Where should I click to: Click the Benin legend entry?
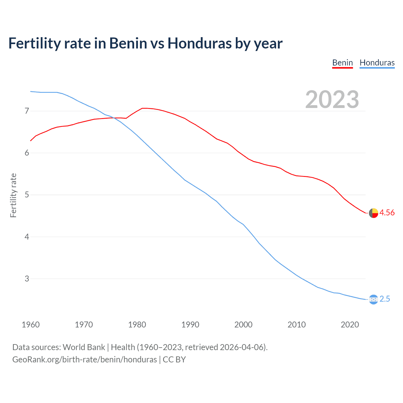343,63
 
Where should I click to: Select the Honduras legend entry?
377,63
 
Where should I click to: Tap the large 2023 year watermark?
332,99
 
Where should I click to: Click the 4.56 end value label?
387,213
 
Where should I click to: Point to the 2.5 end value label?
385,299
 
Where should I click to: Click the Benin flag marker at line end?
373,213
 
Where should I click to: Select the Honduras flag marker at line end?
373,299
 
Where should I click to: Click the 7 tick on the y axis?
27,111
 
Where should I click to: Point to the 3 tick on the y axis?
27,279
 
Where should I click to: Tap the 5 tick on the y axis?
27,195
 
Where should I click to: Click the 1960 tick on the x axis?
31,325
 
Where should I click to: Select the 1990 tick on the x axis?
190,325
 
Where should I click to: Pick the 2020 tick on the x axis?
350,325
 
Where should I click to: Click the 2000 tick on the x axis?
243,325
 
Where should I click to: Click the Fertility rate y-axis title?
13,195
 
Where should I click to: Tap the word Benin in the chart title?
128,43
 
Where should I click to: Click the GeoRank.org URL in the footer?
84,360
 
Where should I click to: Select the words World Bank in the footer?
84,347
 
